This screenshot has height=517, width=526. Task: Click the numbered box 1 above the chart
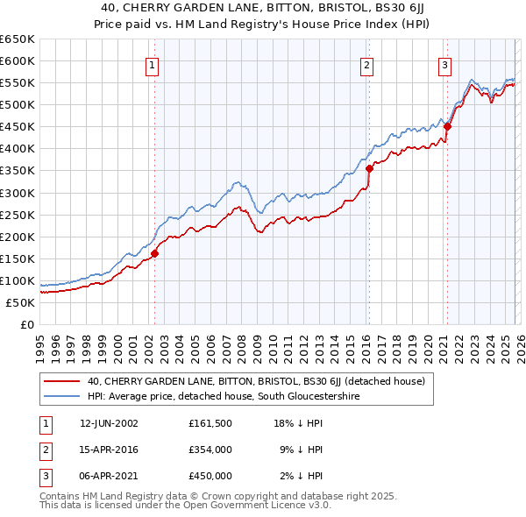click(153, 64)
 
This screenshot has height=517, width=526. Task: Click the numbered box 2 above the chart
click(366, 64)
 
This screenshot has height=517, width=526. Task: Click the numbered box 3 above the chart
click(444, 64)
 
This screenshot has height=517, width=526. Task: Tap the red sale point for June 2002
click(155, 253)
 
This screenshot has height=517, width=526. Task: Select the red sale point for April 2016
click(369, 168)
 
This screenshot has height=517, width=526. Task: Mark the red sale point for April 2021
click(447, 126)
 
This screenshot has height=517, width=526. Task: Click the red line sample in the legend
click(61, 381)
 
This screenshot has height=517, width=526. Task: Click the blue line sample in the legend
click(61, 396)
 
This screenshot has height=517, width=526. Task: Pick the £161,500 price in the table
click(210, 423)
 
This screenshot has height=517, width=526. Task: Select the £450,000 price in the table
click(210, 476)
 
